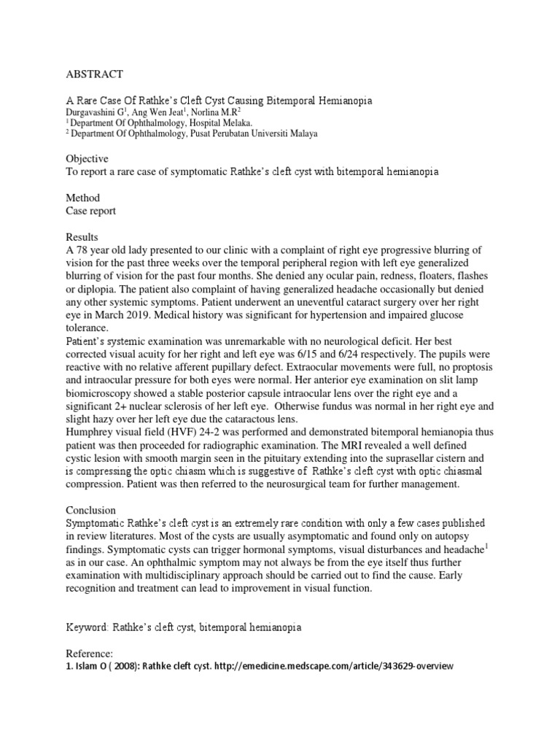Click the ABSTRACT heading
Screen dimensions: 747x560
pyautogui.click(x=94, y=74)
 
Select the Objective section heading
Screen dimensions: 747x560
pyautogui.click(x=87, y=158)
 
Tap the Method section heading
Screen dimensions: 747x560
pyautogui.click(x=82, y=198)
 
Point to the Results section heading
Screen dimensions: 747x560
pyautogui.click(x=84, y=237)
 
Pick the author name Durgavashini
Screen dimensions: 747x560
pyautogui.click(x=97, y=112)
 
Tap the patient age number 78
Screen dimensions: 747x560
pyautogui.click(x=85, y=250)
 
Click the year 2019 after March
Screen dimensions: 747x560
pyautogui.click(x=168, y=315)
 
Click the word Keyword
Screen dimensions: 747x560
pyautogui.click(x=88, y=627)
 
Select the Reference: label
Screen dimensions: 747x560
pyautogui.click(x=90, y=654)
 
